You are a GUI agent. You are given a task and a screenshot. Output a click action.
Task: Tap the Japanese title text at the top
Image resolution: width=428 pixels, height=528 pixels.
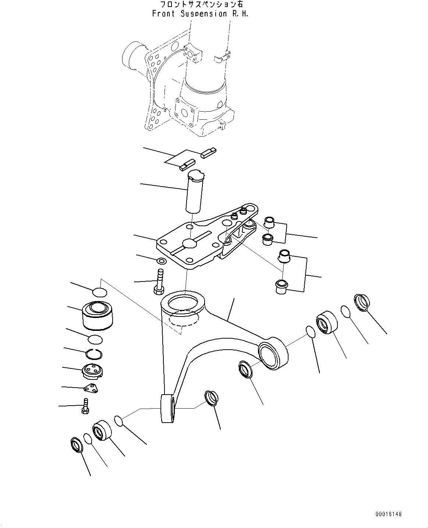point(201,4)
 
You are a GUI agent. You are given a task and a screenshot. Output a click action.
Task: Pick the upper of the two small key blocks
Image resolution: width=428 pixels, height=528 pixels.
point(209,153)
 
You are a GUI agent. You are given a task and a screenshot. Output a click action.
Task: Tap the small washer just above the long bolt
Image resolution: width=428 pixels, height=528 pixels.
point(161,261)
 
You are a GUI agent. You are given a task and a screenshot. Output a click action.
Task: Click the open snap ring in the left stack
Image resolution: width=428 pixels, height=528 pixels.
point(94,354)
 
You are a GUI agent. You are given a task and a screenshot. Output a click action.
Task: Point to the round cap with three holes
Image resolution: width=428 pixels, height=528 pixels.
point(92,371)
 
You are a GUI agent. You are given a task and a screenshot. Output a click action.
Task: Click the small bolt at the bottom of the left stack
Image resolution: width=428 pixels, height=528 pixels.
point(85,406)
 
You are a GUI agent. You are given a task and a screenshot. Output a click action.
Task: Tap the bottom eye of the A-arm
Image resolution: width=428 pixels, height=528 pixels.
point(167,408)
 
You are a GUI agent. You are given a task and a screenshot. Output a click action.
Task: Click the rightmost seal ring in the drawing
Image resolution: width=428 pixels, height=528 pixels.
point(361,303)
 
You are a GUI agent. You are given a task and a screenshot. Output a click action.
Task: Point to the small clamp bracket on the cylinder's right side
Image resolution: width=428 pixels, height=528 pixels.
point(222,57)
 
